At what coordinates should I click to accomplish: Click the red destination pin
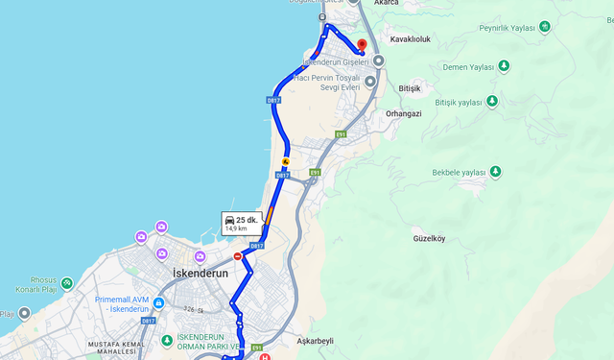[x=362, y=45]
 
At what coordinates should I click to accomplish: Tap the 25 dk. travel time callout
[x=242, y=223]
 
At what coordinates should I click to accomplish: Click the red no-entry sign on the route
[x=238, y=256]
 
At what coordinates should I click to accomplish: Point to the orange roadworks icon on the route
[x=284, y=162]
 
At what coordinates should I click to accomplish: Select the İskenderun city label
[x=201, y=274]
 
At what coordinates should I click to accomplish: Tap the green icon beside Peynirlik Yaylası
[x=546, y=28]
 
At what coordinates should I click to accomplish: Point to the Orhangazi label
[x=404, y=113]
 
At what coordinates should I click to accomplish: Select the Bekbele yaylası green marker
[x=496, y=172]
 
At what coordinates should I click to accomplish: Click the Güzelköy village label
[x=429, y=237]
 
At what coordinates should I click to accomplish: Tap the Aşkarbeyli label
[x=315, y=341]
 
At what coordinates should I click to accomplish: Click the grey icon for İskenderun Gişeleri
[x=379, y=61]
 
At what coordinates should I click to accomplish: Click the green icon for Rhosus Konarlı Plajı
[x=66, y=283]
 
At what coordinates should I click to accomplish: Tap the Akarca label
[x=388, y=3]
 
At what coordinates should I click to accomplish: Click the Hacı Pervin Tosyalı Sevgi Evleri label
[x=326, y=82]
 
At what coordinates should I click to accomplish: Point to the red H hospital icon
[x=266, y=356]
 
